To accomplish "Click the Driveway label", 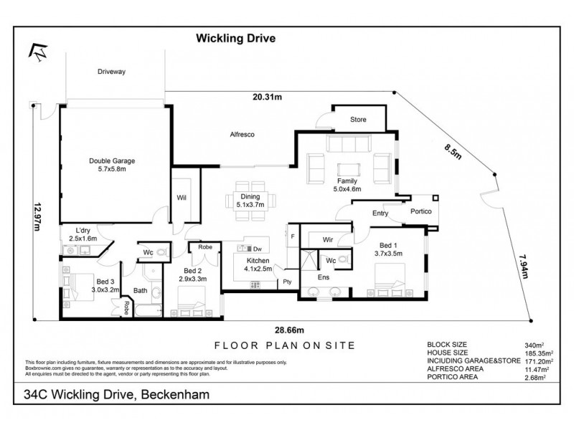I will (x=112, y=71).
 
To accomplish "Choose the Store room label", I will (x=359, y=119).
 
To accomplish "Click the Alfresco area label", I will (x=243, y=134).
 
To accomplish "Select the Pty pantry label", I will (x=287, y=281).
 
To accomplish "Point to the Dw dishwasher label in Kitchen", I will (x=257, y=249).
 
